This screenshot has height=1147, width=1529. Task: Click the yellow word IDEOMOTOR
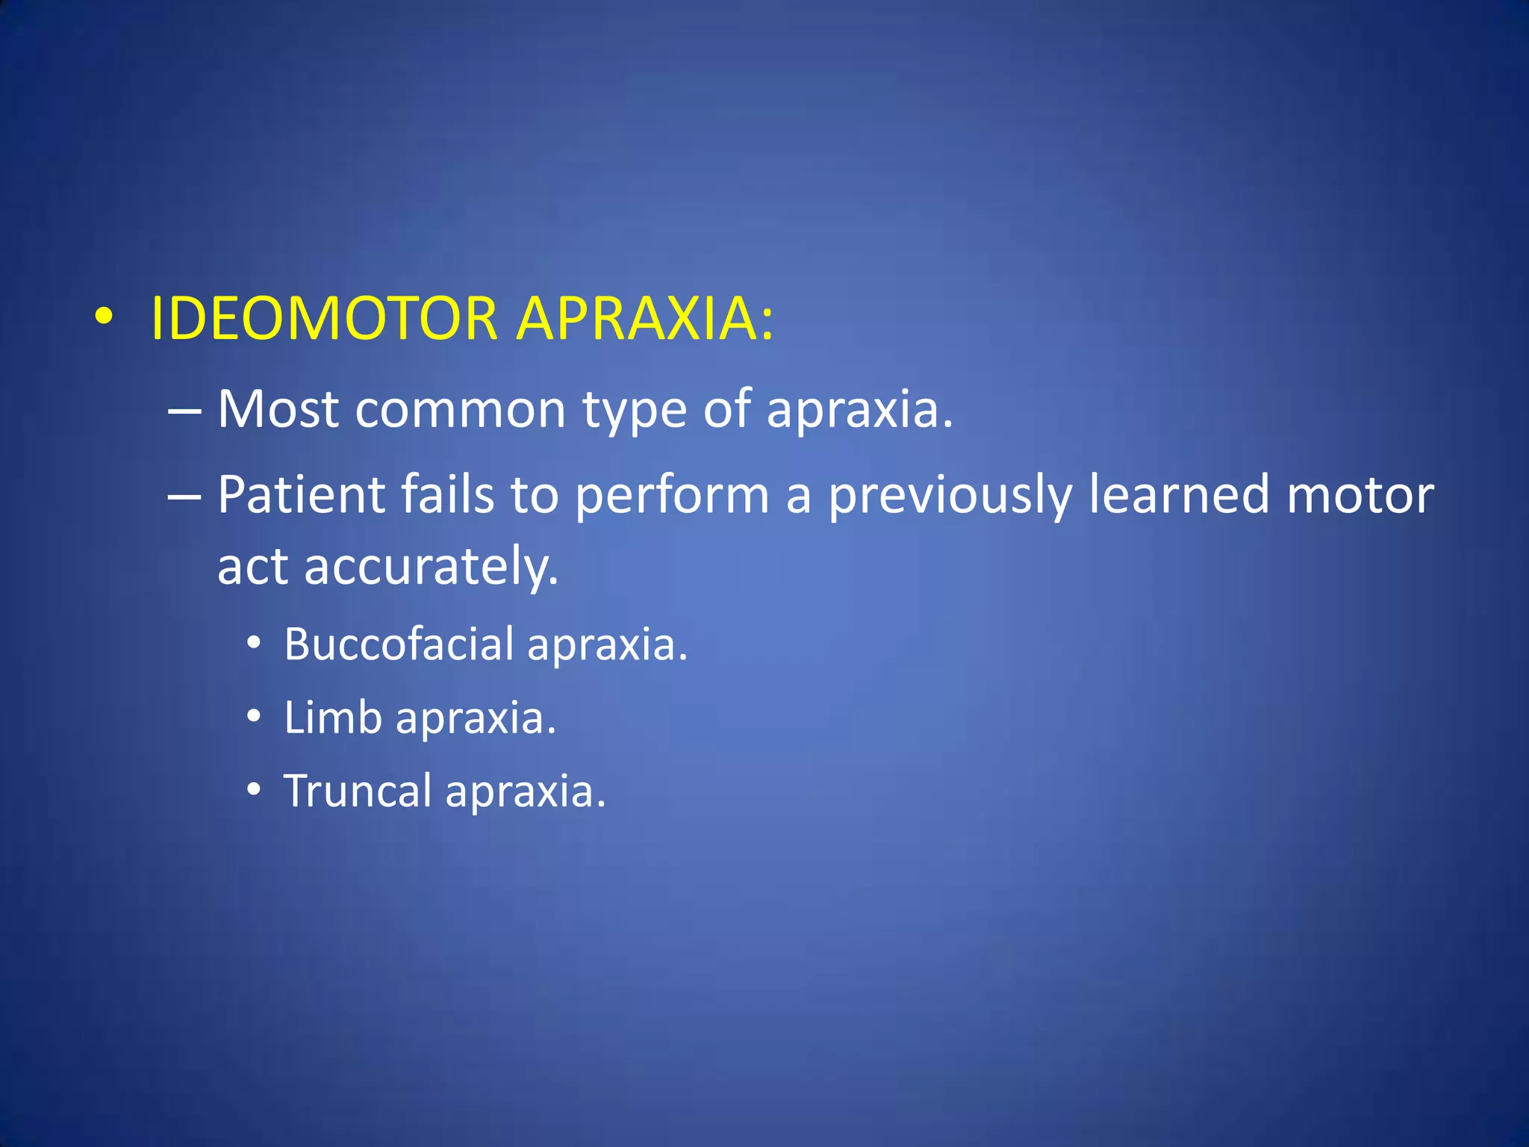tap(324, 319)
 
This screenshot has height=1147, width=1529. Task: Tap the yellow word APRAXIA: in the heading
tap(645, 319)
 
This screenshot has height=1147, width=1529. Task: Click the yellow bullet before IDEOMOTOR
tap(104, 317)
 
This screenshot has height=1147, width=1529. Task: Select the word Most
tap(278, 409)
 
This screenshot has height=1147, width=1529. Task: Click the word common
tap(460, 411)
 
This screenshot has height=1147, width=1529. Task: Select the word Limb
tap(333, 718)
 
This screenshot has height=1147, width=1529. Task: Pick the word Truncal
tap(358, 791)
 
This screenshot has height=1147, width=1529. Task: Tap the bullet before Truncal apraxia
tap(255, 790)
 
